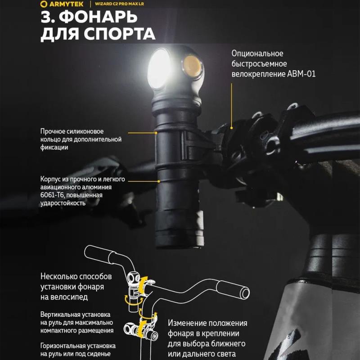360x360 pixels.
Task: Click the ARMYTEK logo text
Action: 66,4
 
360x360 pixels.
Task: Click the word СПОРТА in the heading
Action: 119,34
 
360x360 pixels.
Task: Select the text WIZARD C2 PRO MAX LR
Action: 119,4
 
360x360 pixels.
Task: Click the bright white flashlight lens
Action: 159,68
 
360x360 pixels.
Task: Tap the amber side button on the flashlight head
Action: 192,67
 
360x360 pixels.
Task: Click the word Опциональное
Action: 257,54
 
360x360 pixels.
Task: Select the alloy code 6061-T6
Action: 51,195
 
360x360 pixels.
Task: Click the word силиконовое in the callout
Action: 85,131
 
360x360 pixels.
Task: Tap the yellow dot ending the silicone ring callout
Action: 156,133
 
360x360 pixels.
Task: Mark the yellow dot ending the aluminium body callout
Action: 159,181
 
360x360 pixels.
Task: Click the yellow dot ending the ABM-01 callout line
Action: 232,128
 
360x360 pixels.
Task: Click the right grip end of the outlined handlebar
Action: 245,293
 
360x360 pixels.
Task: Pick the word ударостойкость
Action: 63,203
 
